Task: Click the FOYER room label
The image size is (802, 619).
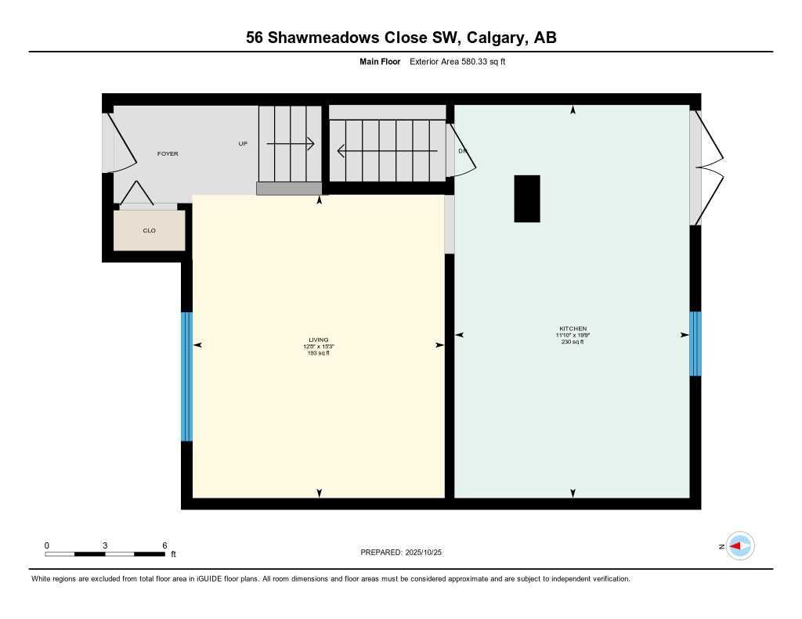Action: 168,153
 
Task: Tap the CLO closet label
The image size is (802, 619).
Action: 149,231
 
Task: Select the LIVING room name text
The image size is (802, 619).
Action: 318,340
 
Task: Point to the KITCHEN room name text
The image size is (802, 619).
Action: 573,329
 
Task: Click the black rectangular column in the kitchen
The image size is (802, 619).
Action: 526,199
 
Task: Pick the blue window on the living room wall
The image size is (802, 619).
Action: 186,376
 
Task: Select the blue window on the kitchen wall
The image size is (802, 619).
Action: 695,344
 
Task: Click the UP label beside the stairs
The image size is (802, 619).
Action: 243,144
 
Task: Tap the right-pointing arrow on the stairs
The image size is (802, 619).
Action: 291,144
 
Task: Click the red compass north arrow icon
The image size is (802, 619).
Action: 739,546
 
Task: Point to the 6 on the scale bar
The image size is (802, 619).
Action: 164,545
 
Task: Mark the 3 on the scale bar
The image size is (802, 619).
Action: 104,545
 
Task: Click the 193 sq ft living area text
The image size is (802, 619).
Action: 318,353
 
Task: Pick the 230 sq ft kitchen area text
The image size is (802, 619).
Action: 573,342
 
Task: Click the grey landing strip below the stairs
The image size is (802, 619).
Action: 289,188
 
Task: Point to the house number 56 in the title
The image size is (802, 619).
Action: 255,38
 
